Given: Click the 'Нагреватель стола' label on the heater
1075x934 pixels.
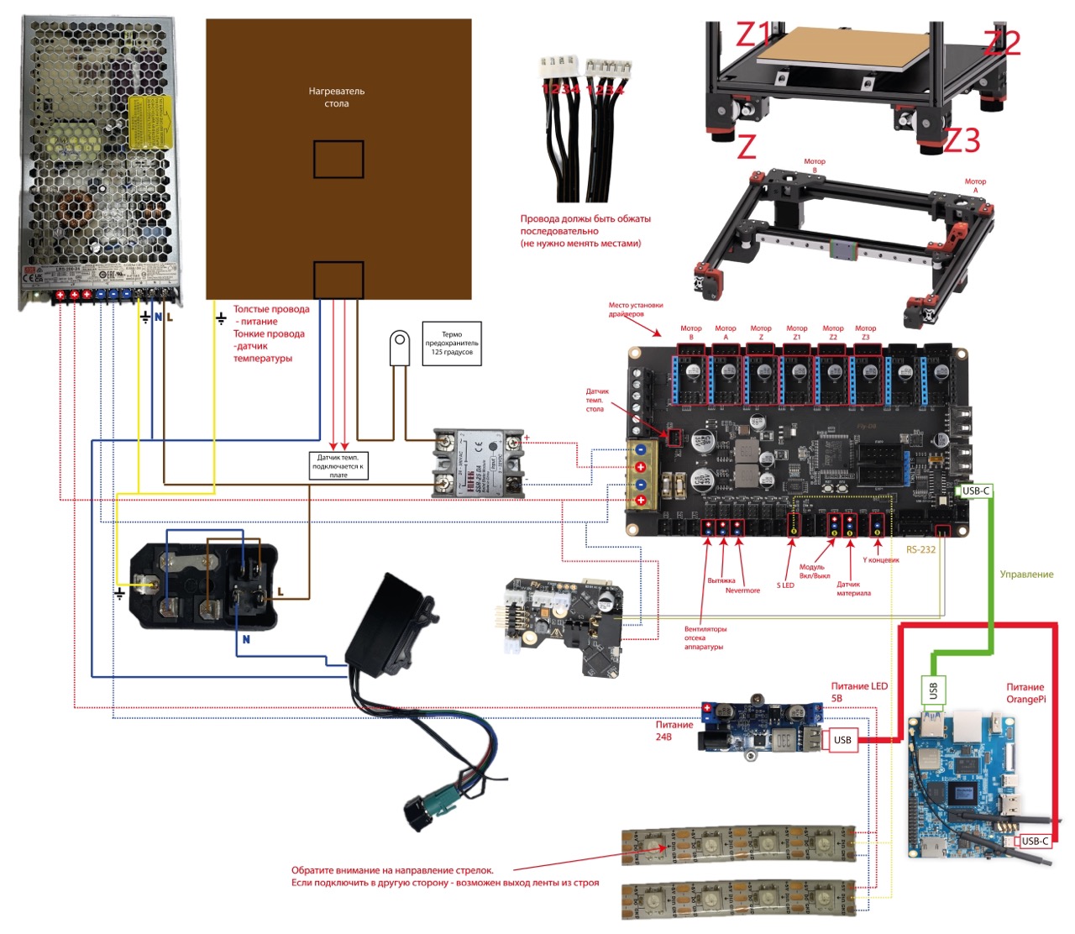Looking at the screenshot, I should pyautogui.click(x=336, y=97).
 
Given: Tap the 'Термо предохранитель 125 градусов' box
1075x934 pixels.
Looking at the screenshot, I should pyautogui.click(x=452, y=343).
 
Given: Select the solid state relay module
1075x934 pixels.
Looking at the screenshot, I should pyautogui.click(x=478, y=463).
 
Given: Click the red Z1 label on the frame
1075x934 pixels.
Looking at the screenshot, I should pyautogui.click(x=753, y=35).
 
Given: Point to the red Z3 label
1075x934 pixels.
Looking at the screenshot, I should pyautogui.click(x=962, y=140).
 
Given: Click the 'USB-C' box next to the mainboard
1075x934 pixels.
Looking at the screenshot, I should pyautogui.click(x=976, y=491).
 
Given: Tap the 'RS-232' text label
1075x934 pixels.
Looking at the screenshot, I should pyautogui.click(x=920, y=549).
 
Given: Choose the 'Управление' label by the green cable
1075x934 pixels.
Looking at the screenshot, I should pyautogui.click(x=1026, y=575).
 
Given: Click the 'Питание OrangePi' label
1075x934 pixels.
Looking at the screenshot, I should pyautogui.click(x=1025, y=693).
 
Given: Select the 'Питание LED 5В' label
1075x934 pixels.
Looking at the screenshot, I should pyautogui.click(x=858, y=692).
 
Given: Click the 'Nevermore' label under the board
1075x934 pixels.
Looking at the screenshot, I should pyautogui.click(x=742, y=590).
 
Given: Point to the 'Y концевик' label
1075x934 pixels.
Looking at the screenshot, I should pyautogui.click(x=880, y=560).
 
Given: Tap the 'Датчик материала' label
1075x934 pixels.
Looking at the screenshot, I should pyautogui.click(x=853, y=589).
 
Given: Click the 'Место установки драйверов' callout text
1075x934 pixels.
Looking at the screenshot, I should pyautogui.click(x=636, y=310).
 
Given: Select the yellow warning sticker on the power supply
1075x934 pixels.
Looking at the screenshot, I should pyautogui.click(x=151, y=121).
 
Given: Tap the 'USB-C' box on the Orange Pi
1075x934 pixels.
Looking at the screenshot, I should pyautogui.click(x=1035, y=841).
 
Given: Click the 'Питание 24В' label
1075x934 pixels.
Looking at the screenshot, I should pyautogui.click(x=674, y=731).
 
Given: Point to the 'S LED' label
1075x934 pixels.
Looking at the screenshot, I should pyautogui.click(x=784, y=585).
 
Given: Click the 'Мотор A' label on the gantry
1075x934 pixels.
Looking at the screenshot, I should pyautogui.click(x=975, y=186).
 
